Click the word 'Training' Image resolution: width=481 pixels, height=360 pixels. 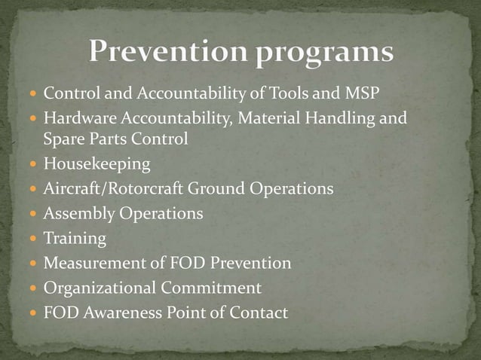pos(75,239)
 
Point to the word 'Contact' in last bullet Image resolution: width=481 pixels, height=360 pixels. pos(260,312)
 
